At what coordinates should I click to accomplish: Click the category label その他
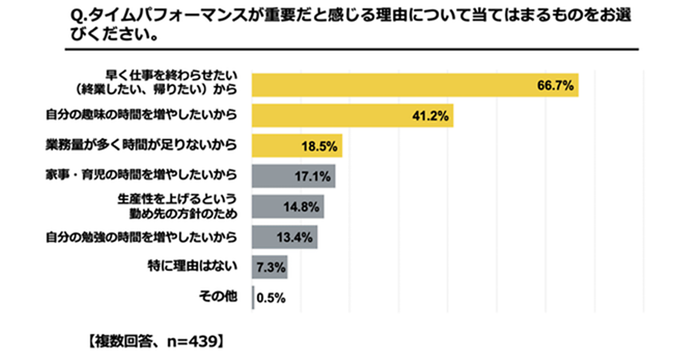(217, 297)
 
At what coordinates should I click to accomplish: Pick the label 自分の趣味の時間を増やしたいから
(141, 115)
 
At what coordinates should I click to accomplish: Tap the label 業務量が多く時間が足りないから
(141, 145)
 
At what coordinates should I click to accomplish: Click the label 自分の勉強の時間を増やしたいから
(141, 237)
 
